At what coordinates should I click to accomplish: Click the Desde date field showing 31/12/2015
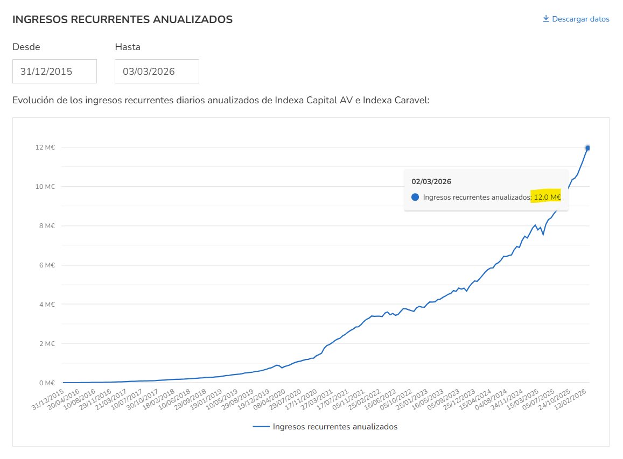(x=54, y=72)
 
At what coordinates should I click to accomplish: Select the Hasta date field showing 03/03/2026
(x=157, y=72)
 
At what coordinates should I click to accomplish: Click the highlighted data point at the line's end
(x=588, y=148)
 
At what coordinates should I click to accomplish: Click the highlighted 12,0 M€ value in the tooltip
(x=547, y=197)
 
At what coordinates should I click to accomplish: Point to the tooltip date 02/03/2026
(x=431, y=181)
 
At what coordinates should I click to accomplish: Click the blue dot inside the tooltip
(x=415, y=197)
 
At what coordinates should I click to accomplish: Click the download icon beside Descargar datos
(x=545, y=19)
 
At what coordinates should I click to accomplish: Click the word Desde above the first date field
(x=26, y=47)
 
